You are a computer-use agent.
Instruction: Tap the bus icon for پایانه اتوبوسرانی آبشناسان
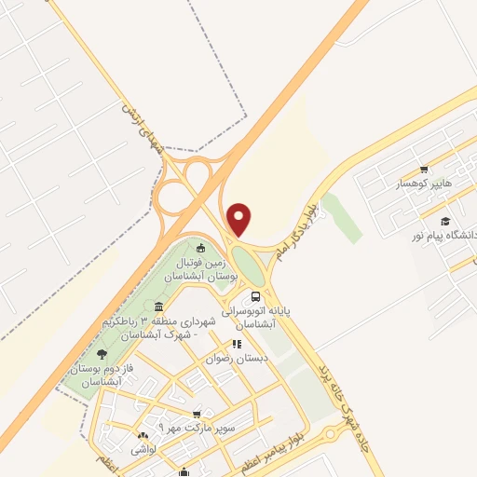[256, 296]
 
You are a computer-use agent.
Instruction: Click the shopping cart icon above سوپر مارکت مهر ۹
[196, 415]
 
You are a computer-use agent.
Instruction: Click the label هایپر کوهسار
[423, 184]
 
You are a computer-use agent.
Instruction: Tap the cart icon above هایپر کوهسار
[424, 170]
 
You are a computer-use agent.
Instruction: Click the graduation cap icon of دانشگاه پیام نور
[445, 222]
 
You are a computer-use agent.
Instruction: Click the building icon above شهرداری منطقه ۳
[159, 307]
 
